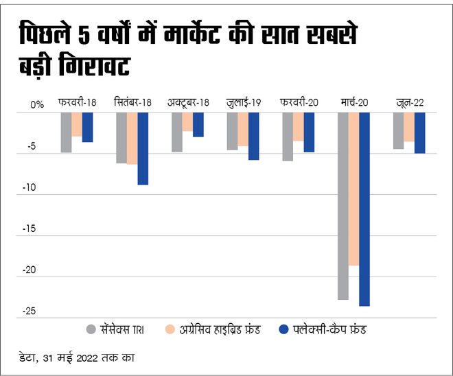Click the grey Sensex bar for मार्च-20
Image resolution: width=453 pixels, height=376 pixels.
[343, 206]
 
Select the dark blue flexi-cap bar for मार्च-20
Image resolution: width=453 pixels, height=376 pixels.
[364, 209]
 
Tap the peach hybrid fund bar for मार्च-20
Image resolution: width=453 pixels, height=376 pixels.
[353, 189]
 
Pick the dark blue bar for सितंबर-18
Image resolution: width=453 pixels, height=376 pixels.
[143, 148]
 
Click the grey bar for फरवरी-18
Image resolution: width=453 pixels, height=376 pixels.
[66, 132]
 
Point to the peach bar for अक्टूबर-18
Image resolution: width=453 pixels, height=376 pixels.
[187, 121]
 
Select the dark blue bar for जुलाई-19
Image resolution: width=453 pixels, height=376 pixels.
[254, 136]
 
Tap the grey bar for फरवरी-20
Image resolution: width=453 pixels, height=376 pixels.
[288, 137]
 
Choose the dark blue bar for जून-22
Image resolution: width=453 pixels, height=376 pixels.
[419, 132]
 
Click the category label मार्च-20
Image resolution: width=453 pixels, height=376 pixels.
[354, 103]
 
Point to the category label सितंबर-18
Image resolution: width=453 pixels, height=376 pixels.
[132, 103]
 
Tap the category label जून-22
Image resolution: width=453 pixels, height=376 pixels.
[410, 103]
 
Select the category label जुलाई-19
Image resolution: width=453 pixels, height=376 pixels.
[244, 103]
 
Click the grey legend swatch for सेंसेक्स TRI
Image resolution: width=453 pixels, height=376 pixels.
[92, 329]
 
